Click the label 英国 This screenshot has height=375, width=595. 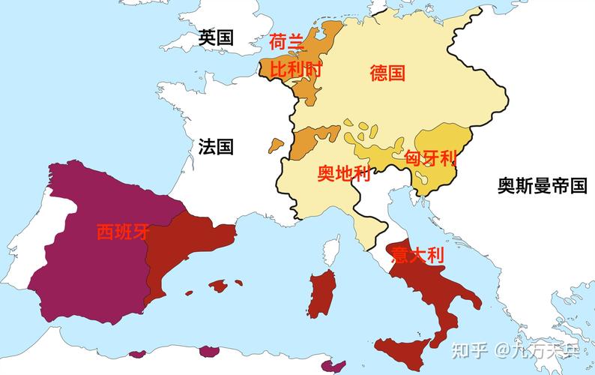[216, 38]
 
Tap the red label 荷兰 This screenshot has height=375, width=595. [287, 42]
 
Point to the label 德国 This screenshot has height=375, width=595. [387, 73]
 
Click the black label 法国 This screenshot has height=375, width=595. [216, 145]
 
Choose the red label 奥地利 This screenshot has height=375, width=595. [343, 174]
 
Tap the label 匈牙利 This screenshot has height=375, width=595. [430, 158]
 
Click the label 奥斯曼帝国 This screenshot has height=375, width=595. [542, 186]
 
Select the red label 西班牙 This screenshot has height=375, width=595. [123, 232]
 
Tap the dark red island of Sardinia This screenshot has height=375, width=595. [322, 295]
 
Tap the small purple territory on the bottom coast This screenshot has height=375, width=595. [327, 365]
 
